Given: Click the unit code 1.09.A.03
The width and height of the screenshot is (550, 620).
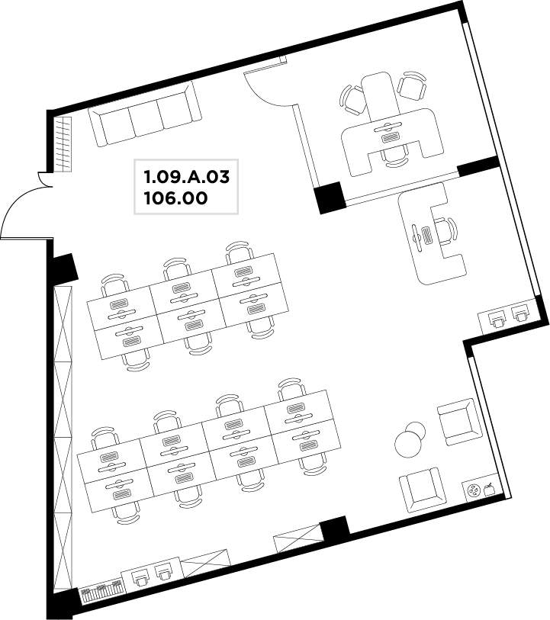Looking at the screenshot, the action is click(x=187, y=177).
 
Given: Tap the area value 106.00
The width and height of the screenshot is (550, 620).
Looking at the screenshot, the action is click(x=175, y=198).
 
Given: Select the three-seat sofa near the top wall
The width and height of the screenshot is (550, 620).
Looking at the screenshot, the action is click(x=145, y=114).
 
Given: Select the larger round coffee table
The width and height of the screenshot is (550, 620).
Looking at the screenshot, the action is click(x=408, y=445).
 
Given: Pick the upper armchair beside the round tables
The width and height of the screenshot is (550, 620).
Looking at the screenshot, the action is click(x=459, y=422).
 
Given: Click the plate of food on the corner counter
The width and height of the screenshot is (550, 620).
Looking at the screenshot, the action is click(x=472, y=490).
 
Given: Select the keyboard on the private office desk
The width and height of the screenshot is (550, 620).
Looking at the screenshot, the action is click(x=391, y=137).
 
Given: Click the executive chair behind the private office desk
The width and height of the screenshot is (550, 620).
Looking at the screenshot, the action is click(x=394, y=156).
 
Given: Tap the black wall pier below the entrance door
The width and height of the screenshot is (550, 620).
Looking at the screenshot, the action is click(x=63, y=269).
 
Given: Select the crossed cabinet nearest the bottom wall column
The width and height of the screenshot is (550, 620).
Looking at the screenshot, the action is click(x=298, y=538).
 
